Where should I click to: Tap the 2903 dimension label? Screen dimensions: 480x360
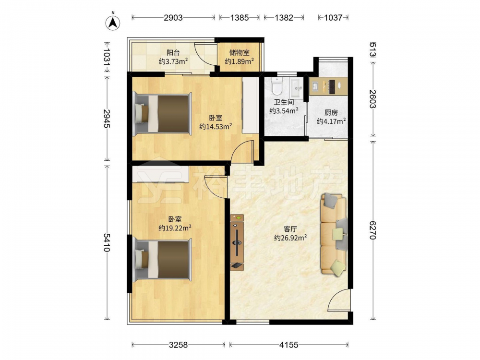pyautogui.click(x=173, y=18)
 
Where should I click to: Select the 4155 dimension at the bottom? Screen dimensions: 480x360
pyautogui.click(x=288, y=345)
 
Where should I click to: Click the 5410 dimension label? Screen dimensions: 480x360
pyautogui.click(x=107, y=242)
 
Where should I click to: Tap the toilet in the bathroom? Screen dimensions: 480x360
pyautogui.click(x=277, y=86)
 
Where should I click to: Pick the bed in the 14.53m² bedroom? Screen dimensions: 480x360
pyautogui.click(x=162, y=113)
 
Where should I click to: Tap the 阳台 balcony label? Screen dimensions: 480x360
pyautogui.click(x=173, y=53)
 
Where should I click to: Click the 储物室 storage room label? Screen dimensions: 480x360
pyautogui.click(x=240, y=53)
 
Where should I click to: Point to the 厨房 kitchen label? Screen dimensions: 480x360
pyautogui.click(x=331, y=113)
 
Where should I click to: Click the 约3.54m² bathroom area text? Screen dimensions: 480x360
pyautogui.click(x=284, y=111)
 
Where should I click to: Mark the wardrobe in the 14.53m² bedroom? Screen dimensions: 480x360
pyautogui.click(x=251, y=105)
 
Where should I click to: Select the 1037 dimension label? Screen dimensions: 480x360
pyautogui.click(x=333, y=18)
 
